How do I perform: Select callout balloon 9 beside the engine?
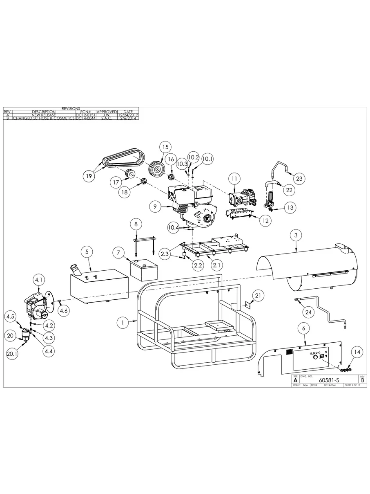(155, 207)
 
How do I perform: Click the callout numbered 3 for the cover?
(296, 235)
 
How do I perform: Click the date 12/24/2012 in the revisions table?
(128, 115)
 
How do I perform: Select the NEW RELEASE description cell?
(44, 115)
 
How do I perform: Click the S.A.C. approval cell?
(107, 118)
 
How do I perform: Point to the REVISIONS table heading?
(71, 108)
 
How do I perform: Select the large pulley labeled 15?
(156, 168)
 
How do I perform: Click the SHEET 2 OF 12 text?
(352, 385)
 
